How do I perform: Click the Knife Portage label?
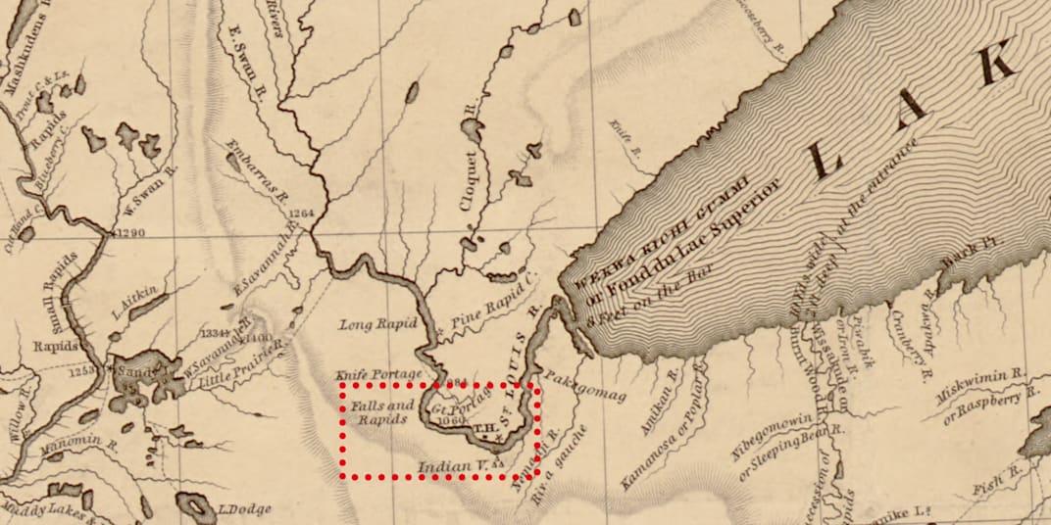coord(378,374)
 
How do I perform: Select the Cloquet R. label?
coord(473,167)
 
